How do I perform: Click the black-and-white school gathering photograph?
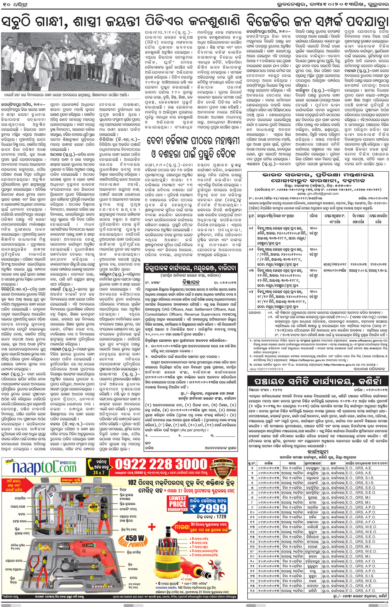click(70, 62)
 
